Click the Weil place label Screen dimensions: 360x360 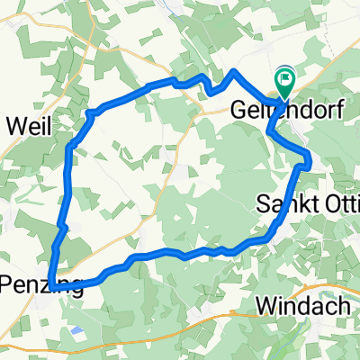click(27, 125)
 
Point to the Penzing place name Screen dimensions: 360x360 click(40, 287)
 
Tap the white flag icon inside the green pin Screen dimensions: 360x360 click(285, 79)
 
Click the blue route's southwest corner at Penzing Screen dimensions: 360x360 click(52, 286)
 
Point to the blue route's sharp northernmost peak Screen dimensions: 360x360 click(234, 70)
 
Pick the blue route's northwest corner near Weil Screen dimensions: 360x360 click(89, 112)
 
